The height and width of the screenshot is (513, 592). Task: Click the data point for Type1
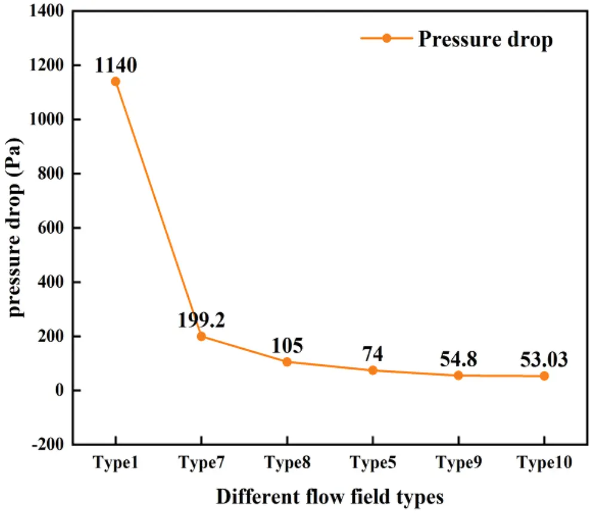[x=115, y=81]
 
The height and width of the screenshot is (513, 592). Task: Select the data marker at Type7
[x=201, y=336]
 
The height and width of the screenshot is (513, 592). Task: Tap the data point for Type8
[x=287, y=362]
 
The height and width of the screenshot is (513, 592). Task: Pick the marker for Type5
[x=373, y=370]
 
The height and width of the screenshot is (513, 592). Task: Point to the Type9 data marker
[x=459, y=376]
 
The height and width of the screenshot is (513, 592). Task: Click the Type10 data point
[x=544, y=376]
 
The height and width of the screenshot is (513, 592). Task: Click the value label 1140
[x=115, y=64]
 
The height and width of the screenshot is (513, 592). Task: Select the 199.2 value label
[x=201, y=321]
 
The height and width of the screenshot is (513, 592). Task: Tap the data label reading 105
[x=287, y=346]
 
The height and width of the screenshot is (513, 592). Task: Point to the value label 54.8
[x=459, y=360]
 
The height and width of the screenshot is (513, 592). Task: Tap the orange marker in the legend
[x=387, y=38]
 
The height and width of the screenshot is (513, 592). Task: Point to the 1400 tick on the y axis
[x=50, y=11]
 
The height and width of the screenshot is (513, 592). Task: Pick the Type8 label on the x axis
[x=287, y=463]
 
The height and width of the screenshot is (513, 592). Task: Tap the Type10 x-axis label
[x=544, y=463]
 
